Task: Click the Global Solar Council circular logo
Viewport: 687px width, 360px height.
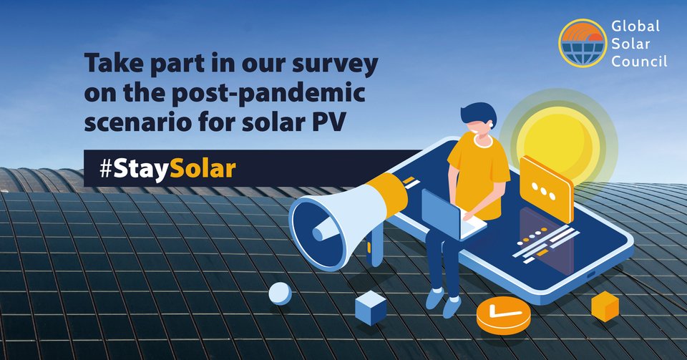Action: tap(583, 43)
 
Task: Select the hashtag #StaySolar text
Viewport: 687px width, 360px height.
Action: tap(168, 169)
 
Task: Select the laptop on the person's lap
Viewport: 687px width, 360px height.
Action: tap(452, 215)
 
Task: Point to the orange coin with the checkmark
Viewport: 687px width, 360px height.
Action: tap(503, 315)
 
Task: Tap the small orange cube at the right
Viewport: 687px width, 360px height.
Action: tap(605, 306)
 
